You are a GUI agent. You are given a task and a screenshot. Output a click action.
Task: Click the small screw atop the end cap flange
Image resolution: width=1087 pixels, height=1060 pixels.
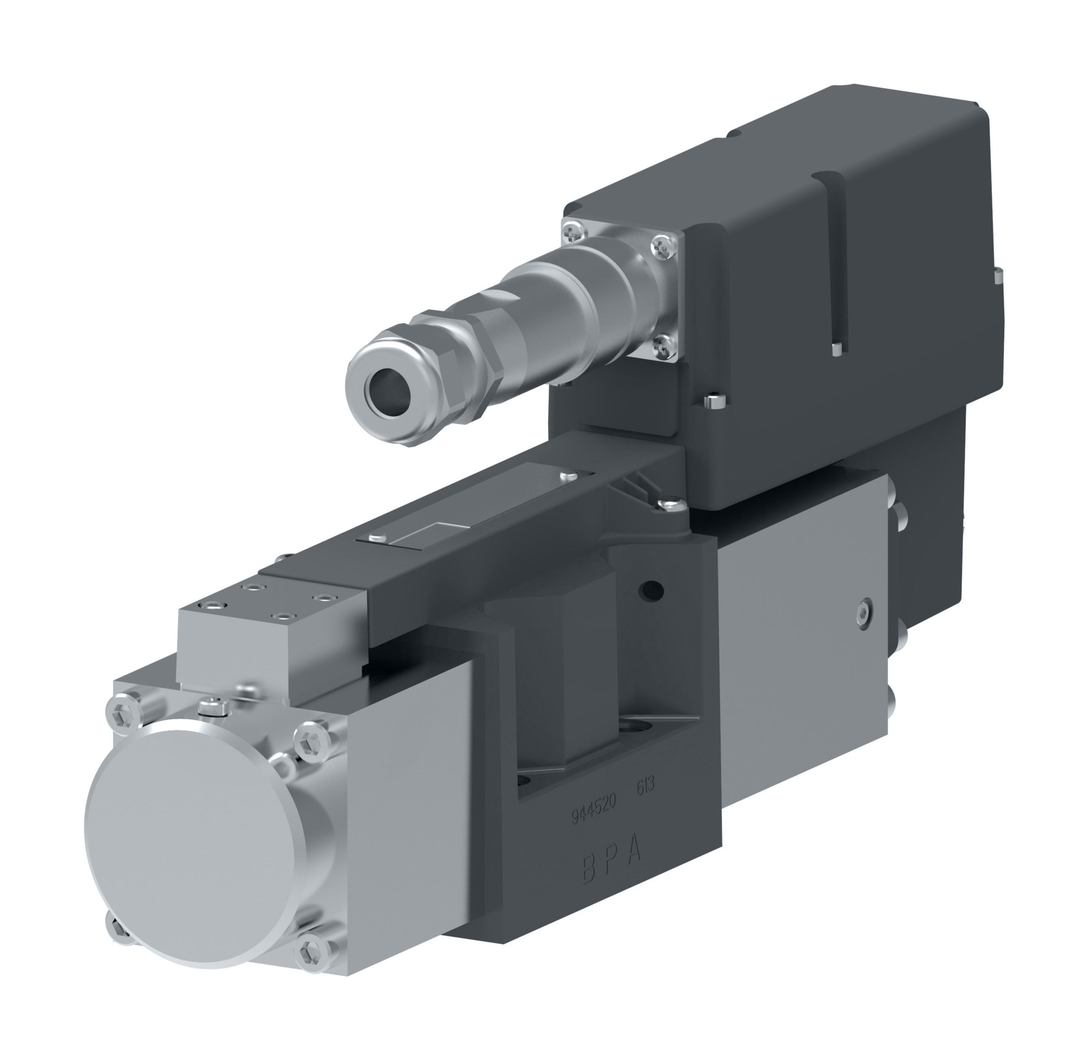tap(214, 704)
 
